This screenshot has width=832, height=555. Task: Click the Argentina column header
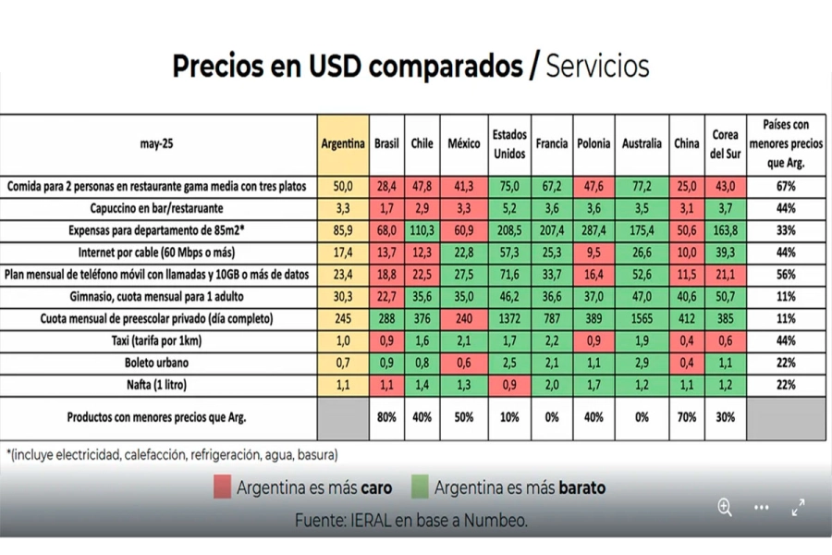pyautogui.click(x=343, y=144)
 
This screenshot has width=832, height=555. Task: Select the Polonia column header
pyautogui.click(x=593, y=144)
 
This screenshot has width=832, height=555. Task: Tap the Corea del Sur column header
pyautogui.click(x=725, y=144)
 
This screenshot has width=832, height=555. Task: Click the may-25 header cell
pyautogui.click(x=160, y=144)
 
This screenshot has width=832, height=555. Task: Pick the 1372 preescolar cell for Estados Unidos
pyautogui.click(x=509, y=318)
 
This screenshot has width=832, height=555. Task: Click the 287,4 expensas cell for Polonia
pyautogui.click(x=593, y=230)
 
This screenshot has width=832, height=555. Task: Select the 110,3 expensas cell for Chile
pyautogui.click(x=422, y=230)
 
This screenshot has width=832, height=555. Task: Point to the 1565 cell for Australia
pyautogui.click(x=642, y=318)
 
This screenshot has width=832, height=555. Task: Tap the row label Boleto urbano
pyautogui.click(x=160, y=362)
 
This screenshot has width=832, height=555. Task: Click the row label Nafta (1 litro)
pyautogui.click(x=160, y=384)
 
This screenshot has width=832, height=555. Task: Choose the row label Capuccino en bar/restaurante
pyautogui.click(x=160, y=208)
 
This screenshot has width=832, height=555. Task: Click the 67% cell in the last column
pyautogui.click(x=786, y=187)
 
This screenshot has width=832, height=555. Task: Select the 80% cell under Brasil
pyautogui.click(x=386, y=417)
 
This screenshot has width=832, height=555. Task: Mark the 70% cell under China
pyautogui.click(x=687, y=417)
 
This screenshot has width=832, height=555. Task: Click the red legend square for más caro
pyautogui.click(x=222, y=487)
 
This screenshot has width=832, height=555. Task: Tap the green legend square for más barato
pyautogui.click(x=419, y=487)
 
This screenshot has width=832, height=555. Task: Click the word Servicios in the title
pyautogui.click(x=597, y=67)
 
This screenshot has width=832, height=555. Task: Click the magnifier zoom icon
pyautogui.click(x=725, y=507)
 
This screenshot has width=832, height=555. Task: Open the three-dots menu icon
pyautogui.click(x=761, y=507)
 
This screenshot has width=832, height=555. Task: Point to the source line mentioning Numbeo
pyautogui.click(x=411, y=520)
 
